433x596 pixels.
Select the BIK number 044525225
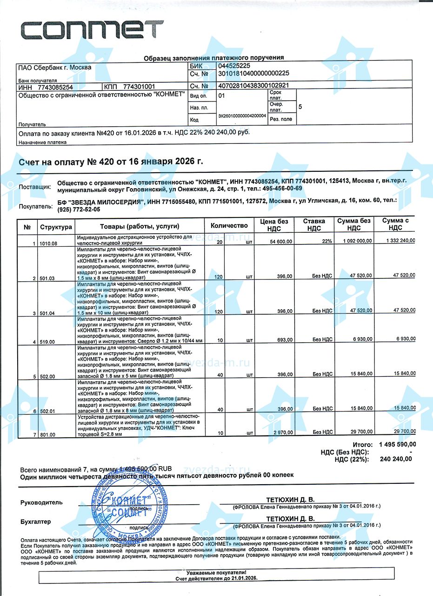click(238, 66)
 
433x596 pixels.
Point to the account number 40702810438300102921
click(253, 86)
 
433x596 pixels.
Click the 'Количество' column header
click(229, 226)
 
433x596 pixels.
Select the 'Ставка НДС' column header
click(314, 224)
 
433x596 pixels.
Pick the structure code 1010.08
click(48, 244)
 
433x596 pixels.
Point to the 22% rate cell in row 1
click(326, 242)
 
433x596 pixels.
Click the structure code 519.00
click(48, 342)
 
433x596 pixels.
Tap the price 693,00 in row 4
click(284, 340)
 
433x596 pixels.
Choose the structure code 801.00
click(48, 435)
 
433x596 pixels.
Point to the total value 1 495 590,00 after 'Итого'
click(397, 444)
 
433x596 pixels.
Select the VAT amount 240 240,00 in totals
click(396, 459)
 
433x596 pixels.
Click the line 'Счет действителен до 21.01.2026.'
click(216, 578)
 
